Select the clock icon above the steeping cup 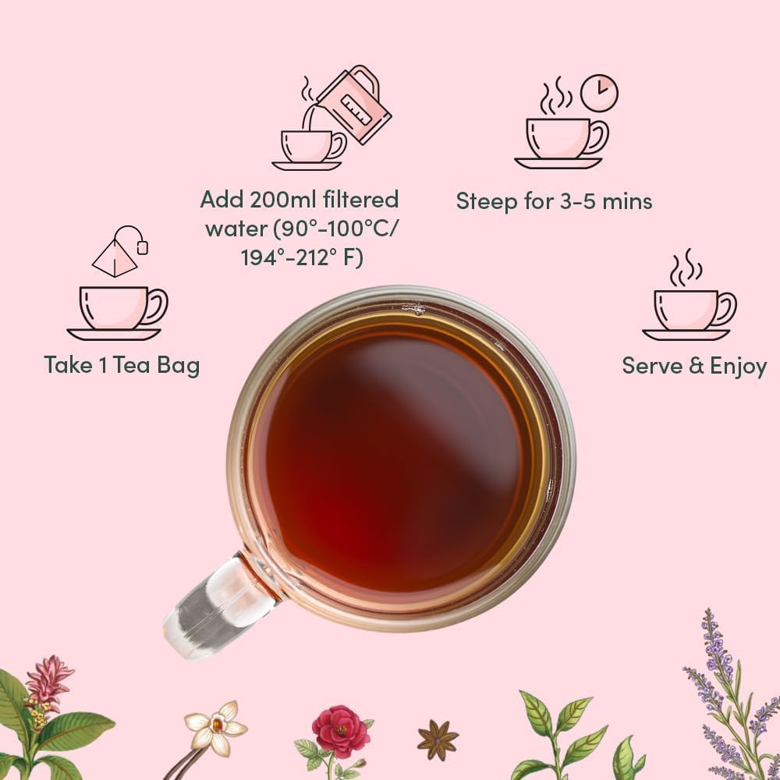[x=599, y=93]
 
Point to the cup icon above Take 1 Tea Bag [x=117, y=308]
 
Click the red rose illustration [x=340, y=731]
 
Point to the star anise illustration [x=438, y=739]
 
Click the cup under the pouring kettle [x=308, y=146]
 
